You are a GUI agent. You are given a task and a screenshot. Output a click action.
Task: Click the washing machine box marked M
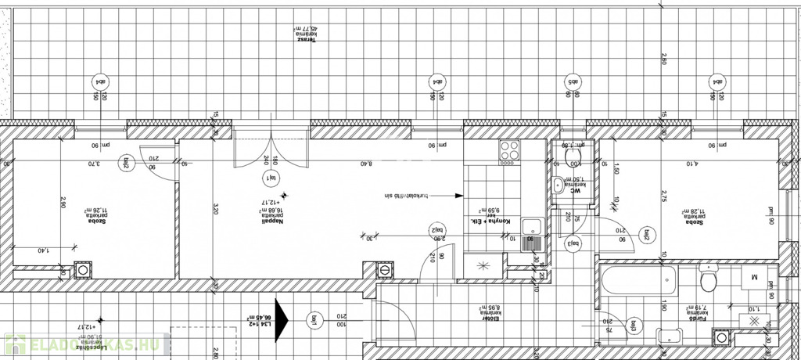pyautogui.click(x=755, y=276)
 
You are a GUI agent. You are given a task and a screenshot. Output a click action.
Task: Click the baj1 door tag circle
pyautogui.click(x=314, y=319)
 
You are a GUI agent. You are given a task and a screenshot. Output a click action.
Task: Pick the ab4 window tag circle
pyautogui.click(x=99, y=81)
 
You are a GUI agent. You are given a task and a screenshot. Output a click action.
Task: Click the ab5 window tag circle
pyautogui.click(x=571, y=81)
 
